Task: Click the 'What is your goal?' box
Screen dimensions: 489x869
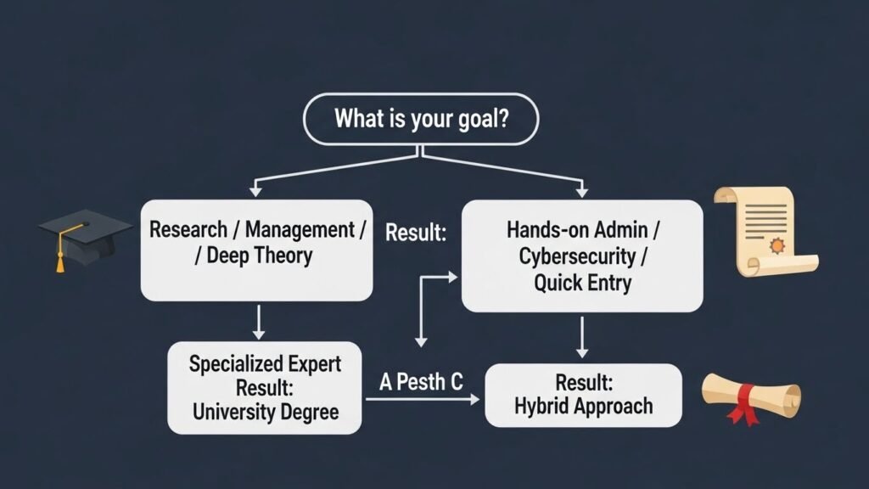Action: pos(420,119)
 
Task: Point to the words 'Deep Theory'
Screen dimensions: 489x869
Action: pos(260,256)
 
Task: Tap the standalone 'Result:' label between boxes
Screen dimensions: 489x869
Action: pos(416,233)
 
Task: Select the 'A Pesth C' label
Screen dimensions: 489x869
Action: pos(421,382)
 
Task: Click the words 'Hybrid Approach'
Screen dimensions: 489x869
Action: pos(583,406)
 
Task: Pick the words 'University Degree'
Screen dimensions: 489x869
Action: pos(265,413)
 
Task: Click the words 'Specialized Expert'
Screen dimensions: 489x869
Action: pos(265,364)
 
